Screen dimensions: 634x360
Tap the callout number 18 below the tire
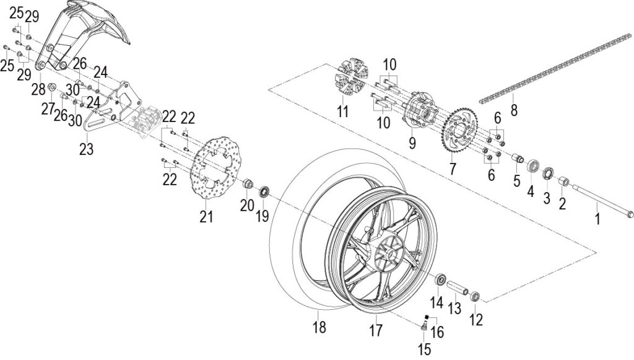(319, 327)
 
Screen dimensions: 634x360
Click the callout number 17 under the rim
(376, 330)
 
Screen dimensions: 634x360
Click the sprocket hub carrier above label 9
(421, 109)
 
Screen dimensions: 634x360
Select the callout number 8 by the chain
(514, 109)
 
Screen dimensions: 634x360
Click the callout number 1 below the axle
(597, 219)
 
